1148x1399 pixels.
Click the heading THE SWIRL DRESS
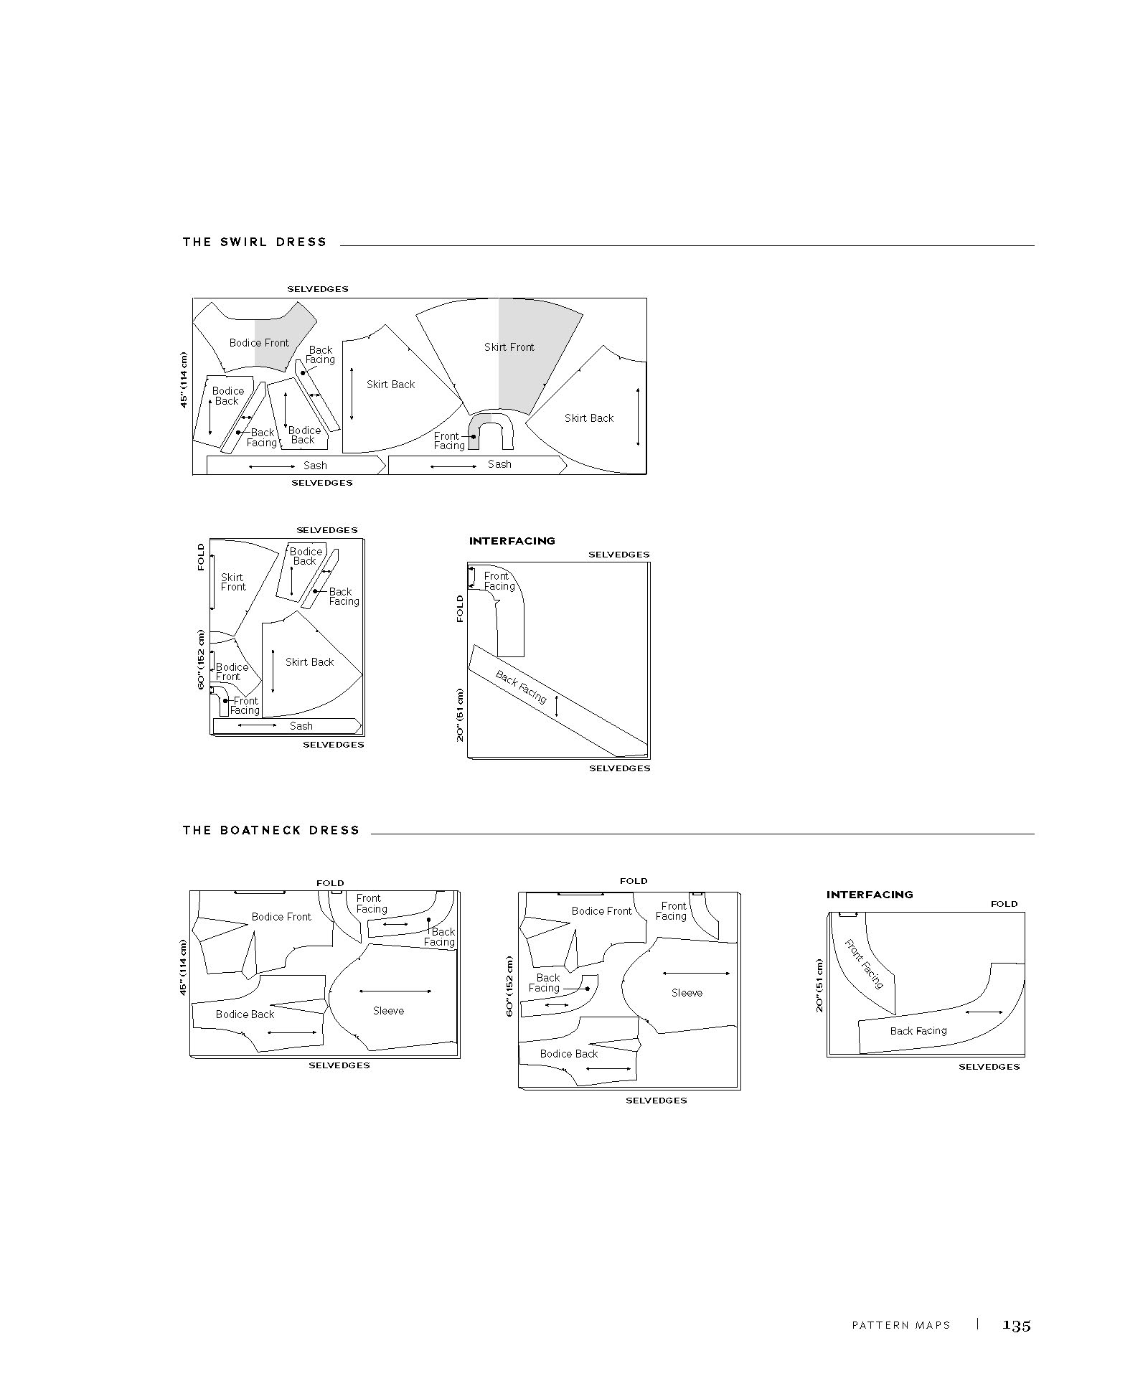(x=255, y=242)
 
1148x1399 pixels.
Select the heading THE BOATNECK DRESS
(x=271, y=830)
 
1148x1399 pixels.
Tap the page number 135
(x=1017, y=1325)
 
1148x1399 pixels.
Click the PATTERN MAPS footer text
(x=900, y=1326)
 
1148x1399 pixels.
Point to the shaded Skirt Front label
(x=509, y=347)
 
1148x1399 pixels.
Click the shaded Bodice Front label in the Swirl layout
(x=259, y=343)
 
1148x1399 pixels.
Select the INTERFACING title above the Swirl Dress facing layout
(x=512, y=541)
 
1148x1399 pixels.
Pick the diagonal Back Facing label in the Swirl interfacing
(x=521, y=687)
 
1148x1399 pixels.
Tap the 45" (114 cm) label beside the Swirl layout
(x=184, y=380)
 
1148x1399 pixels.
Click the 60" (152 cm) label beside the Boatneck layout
(x=510, y=986)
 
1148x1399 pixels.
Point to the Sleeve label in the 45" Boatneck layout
(x=388, y=1011)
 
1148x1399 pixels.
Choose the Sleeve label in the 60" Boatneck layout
(x=687, y=993)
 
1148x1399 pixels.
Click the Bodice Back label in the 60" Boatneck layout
(x=569, y=1054)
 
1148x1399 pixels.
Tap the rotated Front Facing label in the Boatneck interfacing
(x=864, y=964)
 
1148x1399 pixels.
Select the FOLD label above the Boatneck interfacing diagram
(x=1004, y=904)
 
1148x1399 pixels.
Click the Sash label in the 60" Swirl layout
(x=301, y=726)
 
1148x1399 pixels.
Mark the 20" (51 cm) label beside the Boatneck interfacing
(x=819, y=986)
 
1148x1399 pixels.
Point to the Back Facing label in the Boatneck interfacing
(x=918, y=1031)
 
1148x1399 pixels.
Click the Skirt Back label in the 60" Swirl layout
(x=310, y=662)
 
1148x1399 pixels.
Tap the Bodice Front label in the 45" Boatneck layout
(x=281, y=917)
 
